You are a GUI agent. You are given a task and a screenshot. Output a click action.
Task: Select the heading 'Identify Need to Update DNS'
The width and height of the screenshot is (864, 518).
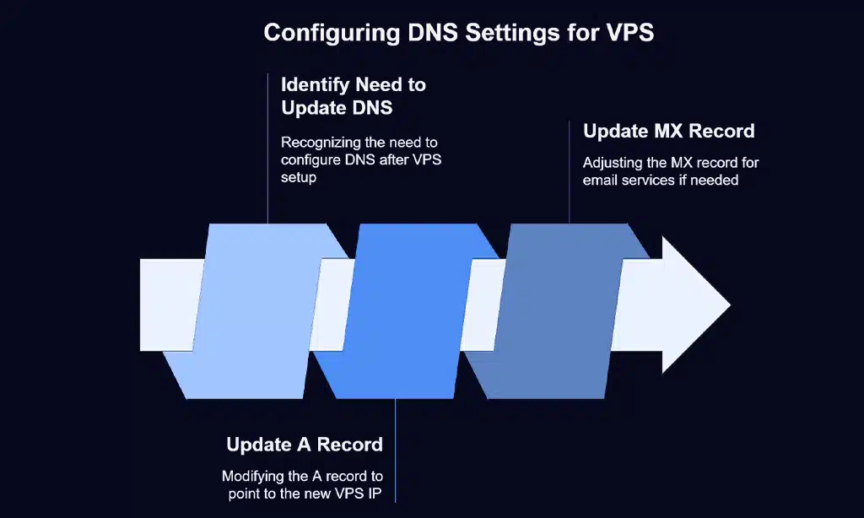[x=353, y=96]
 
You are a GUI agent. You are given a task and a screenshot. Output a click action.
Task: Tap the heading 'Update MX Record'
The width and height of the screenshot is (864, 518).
[x=668, y=132]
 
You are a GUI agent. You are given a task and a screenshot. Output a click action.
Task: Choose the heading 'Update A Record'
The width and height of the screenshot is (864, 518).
[x=305, y=445]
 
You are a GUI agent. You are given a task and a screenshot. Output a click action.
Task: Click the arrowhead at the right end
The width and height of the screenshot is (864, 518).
[x=694, y=305]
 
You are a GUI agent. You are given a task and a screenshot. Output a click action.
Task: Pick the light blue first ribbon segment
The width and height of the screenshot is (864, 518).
[x=253, y=308]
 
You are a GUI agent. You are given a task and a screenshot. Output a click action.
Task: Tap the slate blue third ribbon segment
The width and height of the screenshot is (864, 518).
[x=553, y=308]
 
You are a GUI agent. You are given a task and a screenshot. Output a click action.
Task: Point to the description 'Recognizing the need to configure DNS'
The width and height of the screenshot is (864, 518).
[x=359, y=160]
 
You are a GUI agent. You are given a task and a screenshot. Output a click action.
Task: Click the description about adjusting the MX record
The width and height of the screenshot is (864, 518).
[x=671, y=170]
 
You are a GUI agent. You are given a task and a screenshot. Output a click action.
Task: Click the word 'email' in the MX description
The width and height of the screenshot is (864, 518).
[x=600, y=180]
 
